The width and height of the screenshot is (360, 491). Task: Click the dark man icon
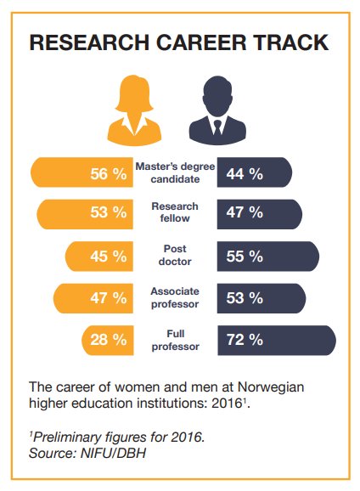click(x=217, y=110)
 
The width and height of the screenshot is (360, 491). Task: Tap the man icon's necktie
click(x=217, y=128)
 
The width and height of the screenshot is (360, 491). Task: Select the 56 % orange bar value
click(x=108, y=173)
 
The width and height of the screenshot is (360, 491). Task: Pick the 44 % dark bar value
click(x=245, y=173)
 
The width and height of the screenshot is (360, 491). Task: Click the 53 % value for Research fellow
click(x=108, y=213)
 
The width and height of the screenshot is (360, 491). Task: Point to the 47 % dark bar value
click(x=245, y=213)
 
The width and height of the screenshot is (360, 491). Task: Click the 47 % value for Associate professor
click(x=108, y=297)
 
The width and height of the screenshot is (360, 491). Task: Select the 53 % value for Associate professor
click(x=245, y=297)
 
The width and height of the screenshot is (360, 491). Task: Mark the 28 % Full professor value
click(x=108, y=341)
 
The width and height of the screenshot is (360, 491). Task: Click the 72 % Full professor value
click(x=245, y=341)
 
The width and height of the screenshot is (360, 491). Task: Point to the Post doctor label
click(x=175, y=256)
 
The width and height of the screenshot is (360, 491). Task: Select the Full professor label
click(x=175, y=340)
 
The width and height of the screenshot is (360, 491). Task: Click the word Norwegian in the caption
click(x=273, y=387)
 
